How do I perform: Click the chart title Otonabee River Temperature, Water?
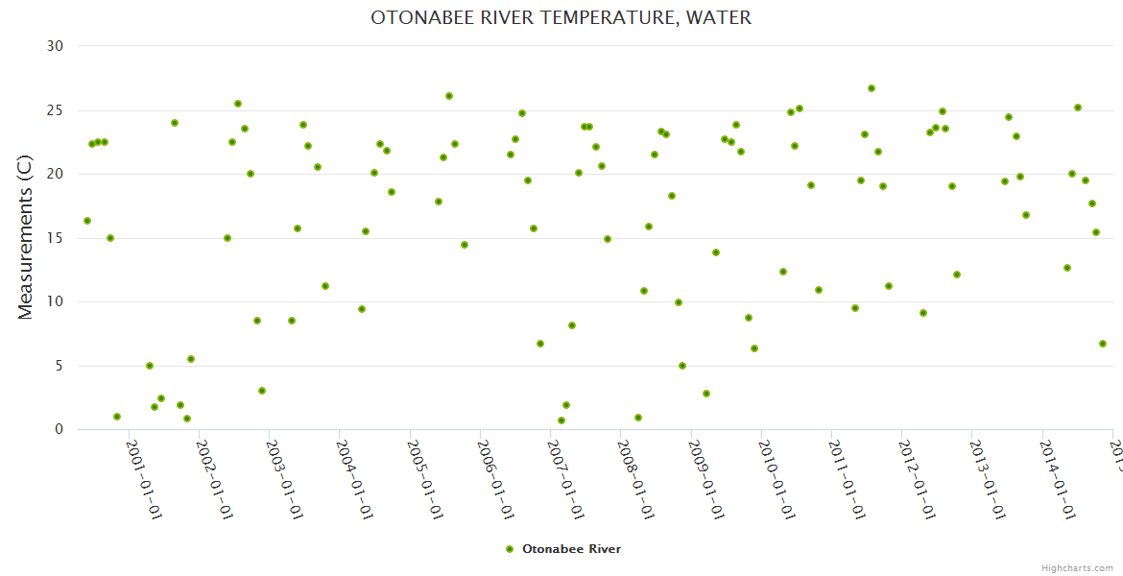pos(561,18)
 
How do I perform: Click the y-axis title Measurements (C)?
pos(26,237)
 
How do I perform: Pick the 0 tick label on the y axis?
pos(59,430)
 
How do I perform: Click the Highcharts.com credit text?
pos(1077,568)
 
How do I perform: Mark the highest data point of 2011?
pos(872,88)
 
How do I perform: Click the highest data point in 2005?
pos(449,96)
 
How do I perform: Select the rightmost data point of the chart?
pos(1103,344)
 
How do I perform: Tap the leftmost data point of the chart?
pos(87,221)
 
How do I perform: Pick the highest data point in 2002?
pos(238,104)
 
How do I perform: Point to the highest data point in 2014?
pos(1078,108)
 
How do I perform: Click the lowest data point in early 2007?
pos(561,420)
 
